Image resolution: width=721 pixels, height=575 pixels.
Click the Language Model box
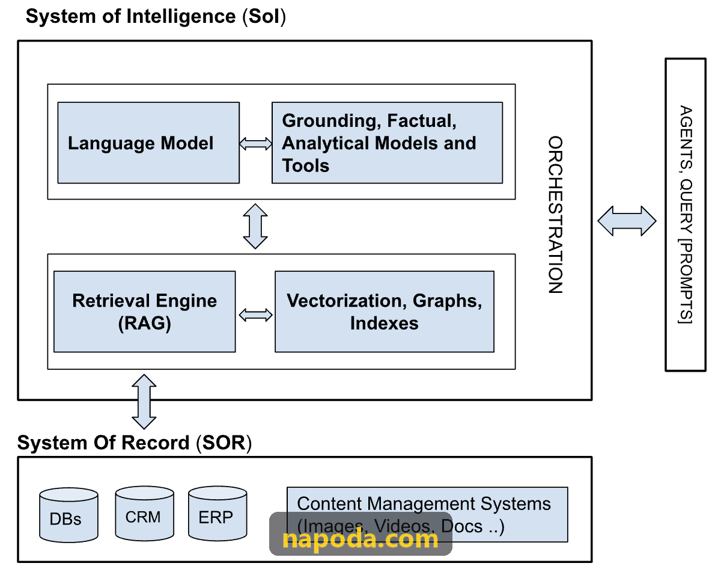(148, 143)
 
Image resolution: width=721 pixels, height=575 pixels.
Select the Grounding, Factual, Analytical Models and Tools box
(387, 143)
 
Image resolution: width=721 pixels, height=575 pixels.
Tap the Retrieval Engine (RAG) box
(144, 312)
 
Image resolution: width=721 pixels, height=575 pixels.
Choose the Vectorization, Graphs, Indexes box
(385, 312)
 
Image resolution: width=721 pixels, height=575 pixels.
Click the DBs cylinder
(68, 515)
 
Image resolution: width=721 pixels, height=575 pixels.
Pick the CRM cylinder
(144, 513)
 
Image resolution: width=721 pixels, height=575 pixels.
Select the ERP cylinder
(218, 513)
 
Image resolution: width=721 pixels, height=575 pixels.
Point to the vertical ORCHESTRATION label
(555, 215)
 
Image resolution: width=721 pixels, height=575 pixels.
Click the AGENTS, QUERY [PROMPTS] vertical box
(686, 215)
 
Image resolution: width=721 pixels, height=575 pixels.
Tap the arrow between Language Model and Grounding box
(255, 144)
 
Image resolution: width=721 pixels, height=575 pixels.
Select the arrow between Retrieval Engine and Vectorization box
(255, 315)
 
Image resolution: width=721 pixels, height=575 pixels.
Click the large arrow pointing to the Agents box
(627, 221)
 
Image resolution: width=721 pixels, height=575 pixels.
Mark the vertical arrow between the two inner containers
(255, 226)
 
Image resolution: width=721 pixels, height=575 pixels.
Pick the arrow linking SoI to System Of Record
(144, 402)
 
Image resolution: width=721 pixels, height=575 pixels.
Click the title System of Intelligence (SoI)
(156, 17)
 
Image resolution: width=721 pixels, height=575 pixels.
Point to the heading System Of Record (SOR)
(135, 443)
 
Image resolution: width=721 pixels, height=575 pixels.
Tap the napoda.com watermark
(360, 533)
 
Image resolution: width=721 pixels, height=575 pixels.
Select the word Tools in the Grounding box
(306, 165)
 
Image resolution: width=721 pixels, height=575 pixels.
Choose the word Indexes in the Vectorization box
(385, 323)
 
